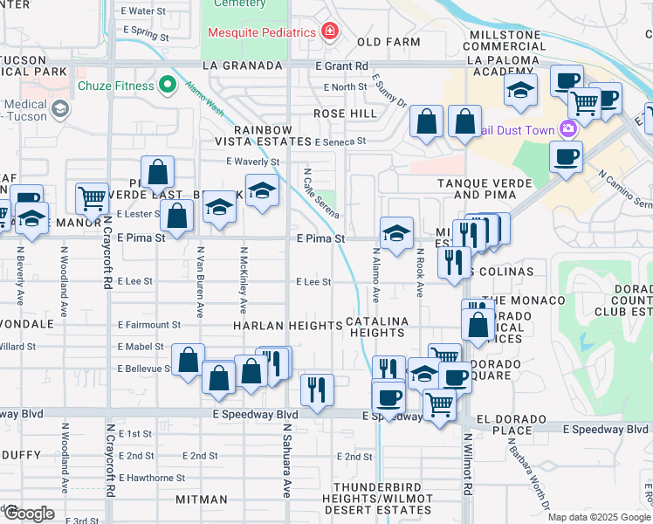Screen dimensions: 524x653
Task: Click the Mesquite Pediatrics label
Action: coord(261,33)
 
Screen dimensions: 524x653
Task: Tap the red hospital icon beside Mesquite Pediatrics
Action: coord(330,33)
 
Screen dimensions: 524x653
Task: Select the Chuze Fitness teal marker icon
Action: coord(168,86)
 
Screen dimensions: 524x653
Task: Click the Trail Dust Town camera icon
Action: coord(569,130)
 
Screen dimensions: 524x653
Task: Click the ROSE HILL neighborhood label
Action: coord(345,114)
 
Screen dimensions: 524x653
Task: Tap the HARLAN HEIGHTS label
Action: coord(287,326)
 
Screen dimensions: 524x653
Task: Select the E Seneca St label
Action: coord(340,141)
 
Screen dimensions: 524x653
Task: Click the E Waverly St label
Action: coord(252,162)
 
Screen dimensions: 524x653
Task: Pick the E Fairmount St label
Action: coord(149,324)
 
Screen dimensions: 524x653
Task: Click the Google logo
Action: coord(28,513)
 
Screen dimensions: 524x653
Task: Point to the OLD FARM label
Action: coord(382,42)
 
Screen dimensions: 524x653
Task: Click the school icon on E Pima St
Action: coord(396,233)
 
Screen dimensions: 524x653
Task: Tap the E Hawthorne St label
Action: coord(152,478)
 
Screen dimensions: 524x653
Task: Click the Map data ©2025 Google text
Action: coord(598,516)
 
